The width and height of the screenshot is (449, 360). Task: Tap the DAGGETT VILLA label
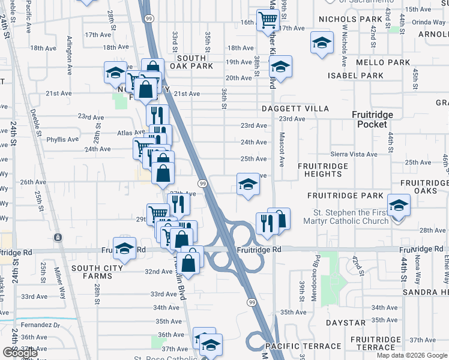(295, 109)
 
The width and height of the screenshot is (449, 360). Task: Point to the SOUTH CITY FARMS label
(91, 272)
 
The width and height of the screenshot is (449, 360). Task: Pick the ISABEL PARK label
(355, 76)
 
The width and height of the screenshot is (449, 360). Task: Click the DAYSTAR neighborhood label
(342, 323)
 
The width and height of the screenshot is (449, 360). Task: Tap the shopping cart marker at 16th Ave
(267, 20)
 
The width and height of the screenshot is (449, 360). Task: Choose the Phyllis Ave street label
(63, 139)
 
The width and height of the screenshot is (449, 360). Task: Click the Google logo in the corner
(20, 353)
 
